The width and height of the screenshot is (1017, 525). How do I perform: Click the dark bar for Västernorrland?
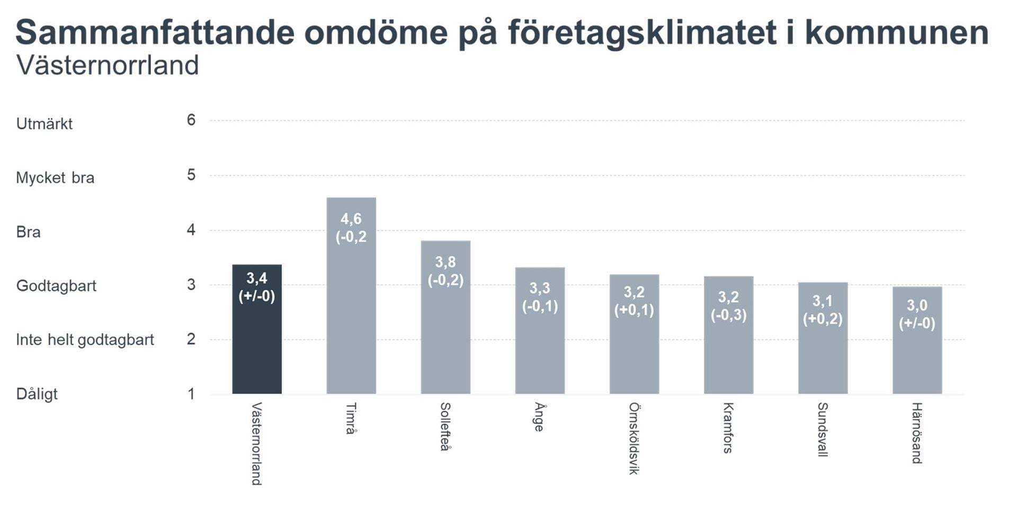[257, 345]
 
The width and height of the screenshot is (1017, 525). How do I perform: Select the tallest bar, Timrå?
[351, 318]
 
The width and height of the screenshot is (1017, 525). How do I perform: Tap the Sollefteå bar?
[445, 339]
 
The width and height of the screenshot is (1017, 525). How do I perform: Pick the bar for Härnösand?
[917, 361]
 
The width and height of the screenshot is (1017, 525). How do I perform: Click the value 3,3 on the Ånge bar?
[540, 288]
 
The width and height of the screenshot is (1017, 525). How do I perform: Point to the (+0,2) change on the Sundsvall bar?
[823, 319]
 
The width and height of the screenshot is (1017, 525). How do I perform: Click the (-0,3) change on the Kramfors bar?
[728, 315]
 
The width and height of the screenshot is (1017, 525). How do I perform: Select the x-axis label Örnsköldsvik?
[634, 438]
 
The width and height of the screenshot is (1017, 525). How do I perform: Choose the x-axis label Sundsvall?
[822, 429]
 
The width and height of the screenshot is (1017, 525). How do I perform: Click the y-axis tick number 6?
[191, 120]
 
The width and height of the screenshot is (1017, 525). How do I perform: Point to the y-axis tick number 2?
[191, 339]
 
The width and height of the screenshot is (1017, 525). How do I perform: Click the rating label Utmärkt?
[44, 124]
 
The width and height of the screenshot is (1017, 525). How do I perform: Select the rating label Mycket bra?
[55, 178]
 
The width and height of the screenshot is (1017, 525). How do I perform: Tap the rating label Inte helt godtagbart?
[85, 340]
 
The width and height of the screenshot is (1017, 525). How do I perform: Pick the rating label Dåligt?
[37, 394]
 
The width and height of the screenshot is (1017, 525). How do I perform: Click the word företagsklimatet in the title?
[643, 33]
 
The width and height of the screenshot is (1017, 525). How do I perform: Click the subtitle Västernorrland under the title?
[108, 66]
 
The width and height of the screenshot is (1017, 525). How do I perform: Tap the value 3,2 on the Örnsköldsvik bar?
[634, 292]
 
